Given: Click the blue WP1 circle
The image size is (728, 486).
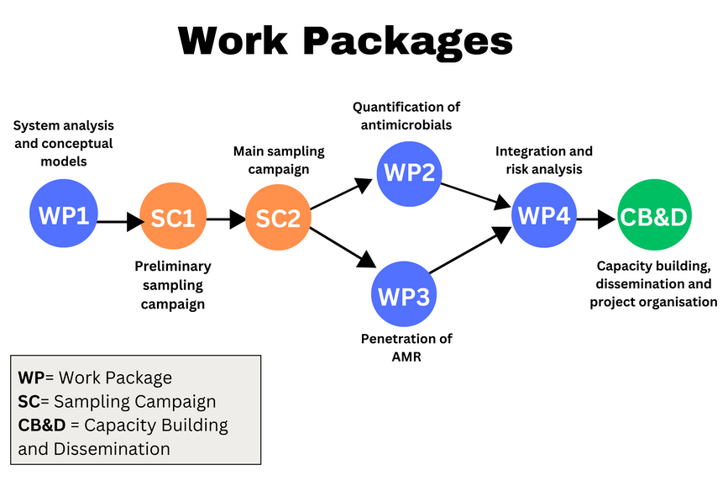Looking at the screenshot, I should click(64, 216).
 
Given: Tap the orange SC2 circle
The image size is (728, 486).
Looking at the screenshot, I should click(278, 218).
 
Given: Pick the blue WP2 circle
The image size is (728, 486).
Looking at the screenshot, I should click(409, 174).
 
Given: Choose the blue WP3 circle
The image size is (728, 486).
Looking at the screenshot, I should click(404, 296).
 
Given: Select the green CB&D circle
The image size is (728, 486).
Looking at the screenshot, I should click(654, 216).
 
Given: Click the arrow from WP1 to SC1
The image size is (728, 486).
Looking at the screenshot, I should click(120, 223).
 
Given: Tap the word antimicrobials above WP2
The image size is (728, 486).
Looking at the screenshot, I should click(406, 125).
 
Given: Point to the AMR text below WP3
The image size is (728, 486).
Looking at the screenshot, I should click(406, 357).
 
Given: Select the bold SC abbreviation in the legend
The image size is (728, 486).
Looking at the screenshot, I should click(28, 402).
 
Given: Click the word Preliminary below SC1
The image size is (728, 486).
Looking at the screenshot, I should click(173, 267).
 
